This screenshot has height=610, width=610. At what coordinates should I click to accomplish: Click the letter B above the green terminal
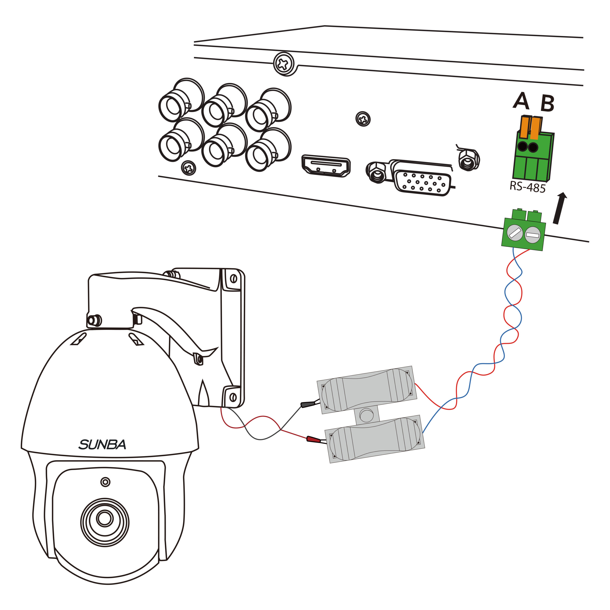[x=547, y=103]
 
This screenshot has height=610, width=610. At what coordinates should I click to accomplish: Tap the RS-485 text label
[x=528, y=187]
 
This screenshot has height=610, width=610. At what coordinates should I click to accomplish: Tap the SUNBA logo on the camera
[x=102, y=445]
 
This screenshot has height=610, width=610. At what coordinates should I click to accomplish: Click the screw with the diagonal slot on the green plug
[x=515, y=233]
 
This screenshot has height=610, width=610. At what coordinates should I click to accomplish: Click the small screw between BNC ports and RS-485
[x=363, y=119]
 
